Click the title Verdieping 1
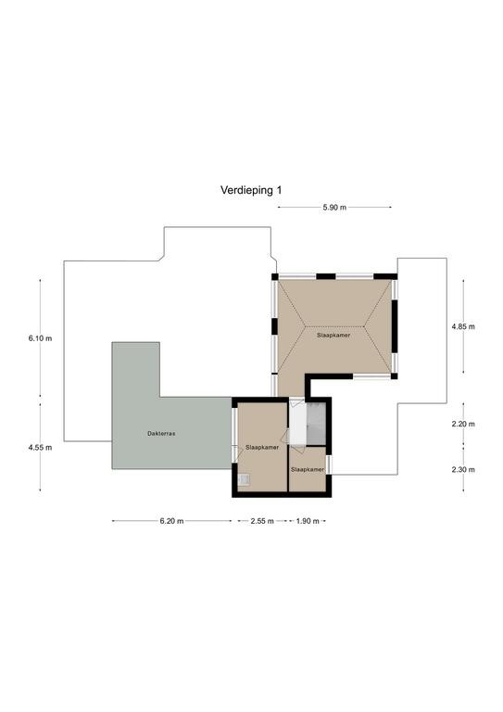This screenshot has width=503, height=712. click(251, 190)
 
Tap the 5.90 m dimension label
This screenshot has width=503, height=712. click(334, 208)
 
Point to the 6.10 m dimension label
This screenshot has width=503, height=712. click(40, 338)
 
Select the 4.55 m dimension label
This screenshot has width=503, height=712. click(40, 447)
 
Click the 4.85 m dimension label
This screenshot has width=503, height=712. click(463, 326)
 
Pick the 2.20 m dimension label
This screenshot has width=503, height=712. click(463, 424)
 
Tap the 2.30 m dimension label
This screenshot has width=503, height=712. click(463, 469)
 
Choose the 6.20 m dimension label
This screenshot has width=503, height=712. click(171, 521)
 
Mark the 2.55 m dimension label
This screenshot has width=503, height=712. click(262, 521)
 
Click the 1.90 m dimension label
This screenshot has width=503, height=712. click(308, 521)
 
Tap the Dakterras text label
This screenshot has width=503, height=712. click(161, 434)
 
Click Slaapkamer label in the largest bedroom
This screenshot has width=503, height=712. click(333, 336)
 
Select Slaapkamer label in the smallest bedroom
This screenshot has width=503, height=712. click(308, 469)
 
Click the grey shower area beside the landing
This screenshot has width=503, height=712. click(317, 423)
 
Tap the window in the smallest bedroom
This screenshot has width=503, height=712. click(329, 464)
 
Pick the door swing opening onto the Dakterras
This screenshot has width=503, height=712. click(236, 454)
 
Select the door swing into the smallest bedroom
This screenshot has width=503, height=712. click(298, 450)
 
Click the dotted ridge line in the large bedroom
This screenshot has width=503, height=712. click(334, 326)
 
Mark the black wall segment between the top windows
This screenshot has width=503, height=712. click(326, 276)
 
